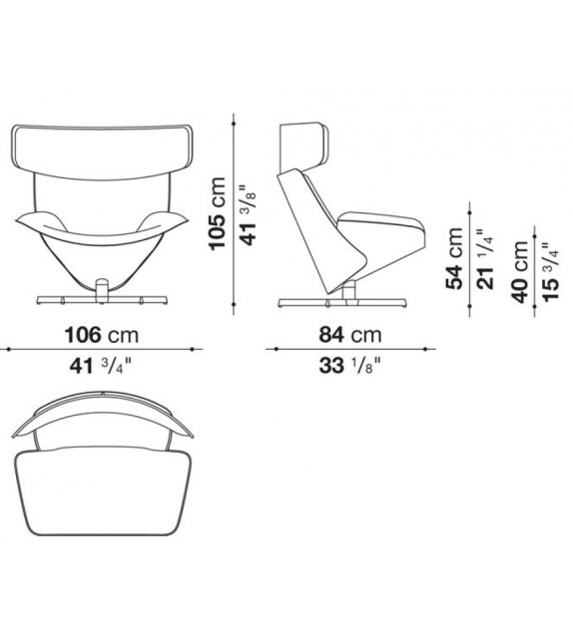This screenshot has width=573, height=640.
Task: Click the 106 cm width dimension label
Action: (x=102, y=335)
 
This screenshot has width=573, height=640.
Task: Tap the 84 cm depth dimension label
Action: (x=350, y=335)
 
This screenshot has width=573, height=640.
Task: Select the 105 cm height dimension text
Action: (x=217, y=213)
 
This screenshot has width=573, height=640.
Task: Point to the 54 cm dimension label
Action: (x=454, y=258)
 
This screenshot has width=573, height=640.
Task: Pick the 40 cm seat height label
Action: (x=520, y=271)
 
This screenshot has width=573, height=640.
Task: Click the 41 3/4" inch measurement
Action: (x=101, y=366)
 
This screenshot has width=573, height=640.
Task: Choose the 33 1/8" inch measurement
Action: (x=349, y=366)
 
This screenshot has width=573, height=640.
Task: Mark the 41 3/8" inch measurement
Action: (x=249, y=215)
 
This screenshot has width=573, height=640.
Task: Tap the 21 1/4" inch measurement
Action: (x=485, y=259)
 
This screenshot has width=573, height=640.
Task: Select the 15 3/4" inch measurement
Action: (x=550, y=272)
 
